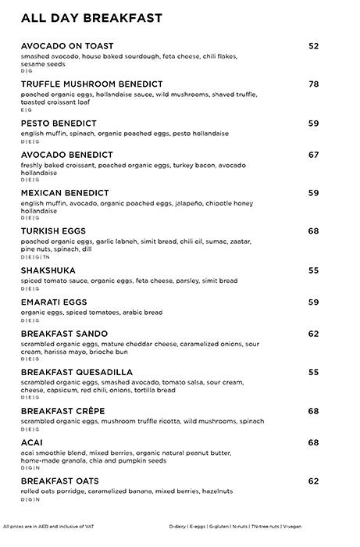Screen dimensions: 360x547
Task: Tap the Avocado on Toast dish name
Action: pyautogui.click(x=68, y=46)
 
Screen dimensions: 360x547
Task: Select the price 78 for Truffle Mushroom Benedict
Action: pyautogui.click(x=313, y=84)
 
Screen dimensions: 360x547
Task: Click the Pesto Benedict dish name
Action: pyautogui.click(x=59, y=123)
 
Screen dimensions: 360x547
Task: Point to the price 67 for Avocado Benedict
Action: pyautogui.click(x=313, y=155)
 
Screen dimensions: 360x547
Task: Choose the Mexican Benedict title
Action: pyautogui.click(x=65, y=192)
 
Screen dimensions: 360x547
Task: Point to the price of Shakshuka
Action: pyautogui.click(x=313, y=270)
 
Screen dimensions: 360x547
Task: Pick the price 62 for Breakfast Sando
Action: pyautogui.click(x=313, y=334)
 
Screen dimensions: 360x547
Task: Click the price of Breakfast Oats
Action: pyautogui.click(x=313, y=481)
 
